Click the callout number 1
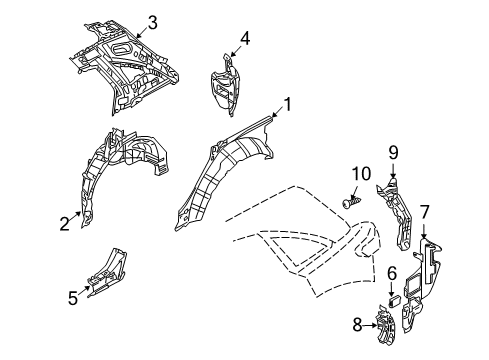pos(287,103)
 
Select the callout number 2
pos(64,224)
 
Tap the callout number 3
pos(152,22)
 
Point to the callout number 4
pos(245,38)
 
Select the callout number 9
pos(393,153)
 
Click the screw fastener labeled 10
pos(348,203)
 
